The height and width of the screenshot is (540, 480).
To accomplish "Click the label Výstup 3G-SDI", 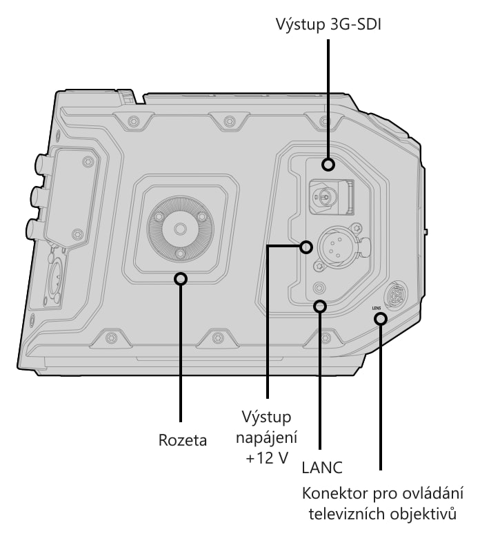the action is tap(328, 25).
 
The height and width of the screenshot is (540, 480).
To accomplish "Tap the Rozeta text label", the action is tap(182, 439).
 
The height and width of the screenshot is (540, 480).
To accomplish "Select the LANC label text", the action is tap(322, 467).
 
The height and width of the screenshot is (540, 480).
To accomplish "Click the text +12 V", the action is tap(267, 458).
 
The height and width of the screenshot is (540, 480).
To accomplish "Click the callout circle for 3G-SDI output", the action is tap(328, 164).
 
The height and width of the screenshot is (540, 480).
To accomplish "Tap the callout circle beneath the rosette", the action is tap(181, 278).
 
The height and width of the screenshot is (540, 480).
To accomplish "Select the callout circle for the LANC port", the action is tap(320, 306).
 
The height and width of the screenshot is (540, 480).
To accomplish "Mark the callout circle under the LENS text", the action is tap(381, 319).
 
